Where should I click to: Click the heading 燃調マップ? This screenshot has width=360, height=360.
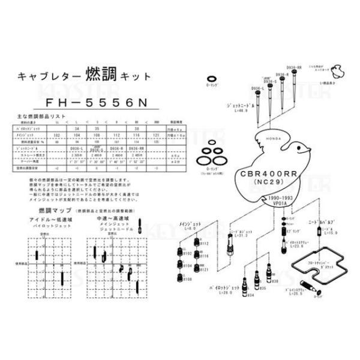tap(49, 211)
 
